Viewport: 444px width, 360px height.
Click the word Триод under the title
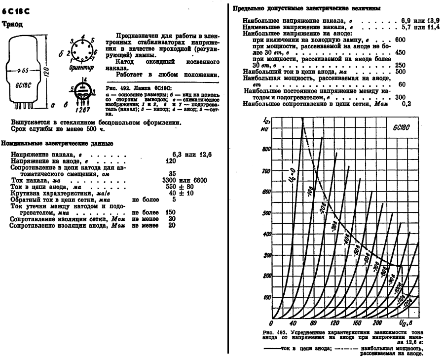coord(13,24)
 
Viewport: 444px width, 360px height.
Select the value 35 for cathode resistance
coord(172,174)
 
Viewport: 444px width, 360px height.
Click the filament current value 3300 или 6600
coord(188,181)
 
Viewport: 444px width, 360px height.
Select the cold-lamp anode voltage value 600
coord(400,40)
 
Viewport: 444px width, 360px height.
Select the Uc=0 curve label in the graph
coord(290,176)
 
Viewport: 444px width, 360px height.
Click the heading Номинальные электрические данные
coord(57,143)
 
